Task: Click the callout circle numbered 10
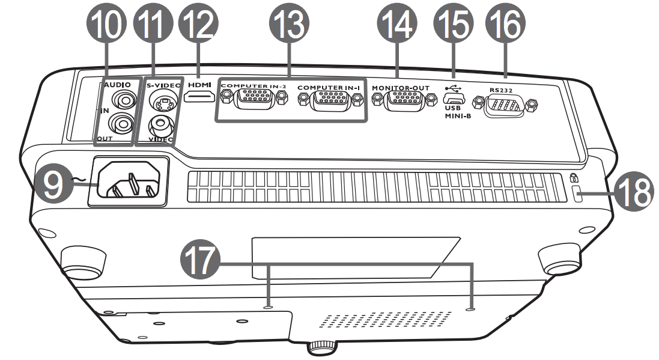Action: (107, 25)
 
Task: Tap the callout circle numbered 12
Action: (198, 25)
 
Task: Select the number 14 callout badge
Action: (397, 25)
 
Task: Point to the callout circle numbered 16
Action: (505, 25)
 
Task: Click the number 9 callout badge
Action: (52, 184)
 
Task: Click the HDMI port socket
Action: (199, 97)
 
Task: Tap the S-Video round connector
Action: (159, 103)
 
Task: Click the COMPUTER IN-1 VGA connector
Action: (329, 101)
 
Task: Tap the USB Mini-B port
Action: (454, 99)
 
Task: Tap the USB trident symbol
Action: (453, 88)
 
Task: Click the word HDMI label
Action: (199, 85)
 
